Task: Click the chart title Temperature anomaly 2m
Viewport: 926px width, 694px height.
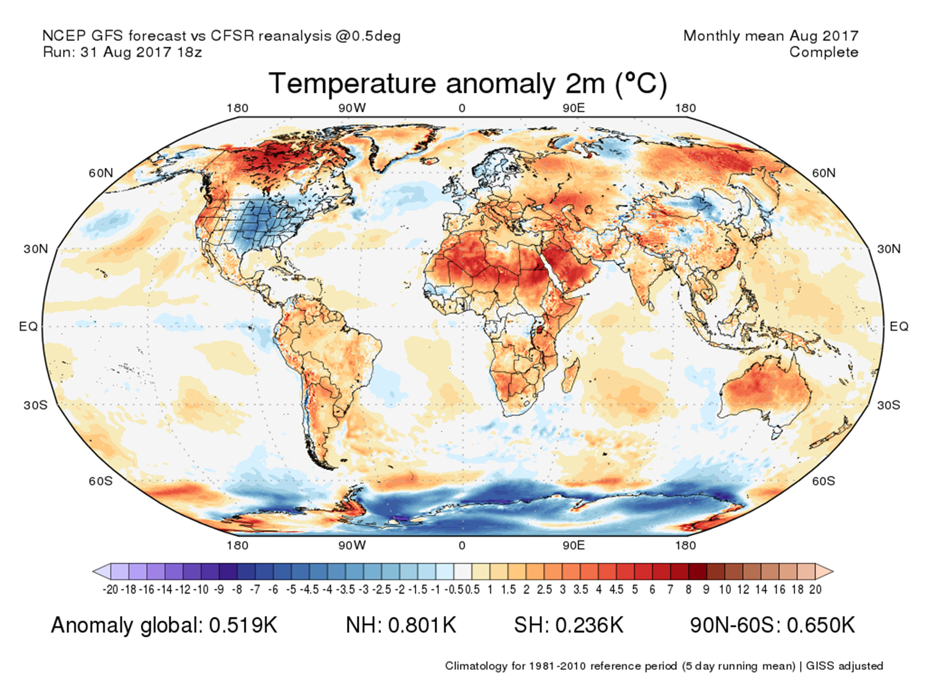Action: [467, 84]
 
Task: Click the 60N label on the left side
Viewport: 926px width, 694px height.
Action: [101, 173]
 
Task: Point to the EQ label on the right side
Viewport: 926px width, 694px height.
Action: [899, 326]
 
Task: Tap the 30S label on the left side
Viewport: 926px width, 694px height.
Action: [35, 405]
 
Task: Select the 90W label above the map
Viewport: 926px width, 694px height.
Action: [352, 108]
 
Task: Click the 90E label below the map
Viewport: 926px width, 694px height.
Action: [574, 545]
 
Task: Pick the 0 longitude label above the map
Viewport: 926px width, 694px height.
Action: [462, 108]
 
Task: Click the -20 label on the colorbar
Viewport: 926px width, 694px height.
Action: [111, 590]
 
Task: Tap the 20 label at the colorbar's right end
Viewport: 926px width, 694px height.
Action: [815, 590]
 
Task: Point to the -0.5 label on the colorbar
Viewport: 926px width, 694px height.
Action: [454, 590]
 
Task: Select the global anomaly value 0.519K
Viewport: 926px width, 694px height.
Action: [243, 626]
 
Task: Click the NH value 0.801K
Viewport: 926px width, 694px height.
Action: [422, 626]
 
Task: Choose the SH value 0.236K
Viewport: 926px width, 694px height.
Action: [590, 626]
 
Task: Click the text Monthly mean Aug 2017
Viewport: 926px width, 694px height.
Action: [770, 36]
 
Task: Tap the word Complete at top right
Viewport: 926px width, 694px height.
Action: [824, 52]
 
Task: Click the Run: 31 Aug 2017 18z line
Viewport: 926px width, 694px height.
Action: [122, 52]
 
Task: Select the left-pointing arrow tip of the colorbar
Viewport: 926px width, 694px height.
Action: [97, 571]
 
